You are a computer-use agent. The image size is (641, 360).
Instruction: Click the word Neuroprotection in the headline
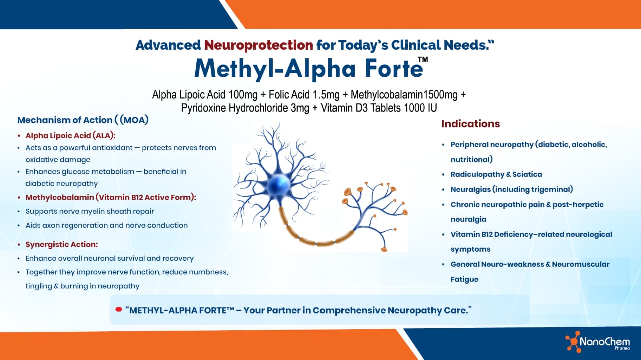pyautogui.click(x=258, y=45)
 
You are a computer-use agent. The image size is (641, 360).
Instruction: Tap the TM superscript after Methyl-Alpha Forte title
pyautogui.click(x=423, y=60)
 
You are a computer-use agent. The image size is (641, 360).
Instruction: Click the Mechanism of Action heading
pyautogui.click(x=83, y=120)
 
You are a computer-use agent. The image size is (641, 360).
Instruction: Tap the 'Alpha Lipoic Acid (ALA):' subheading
pyautogui.click(x=70, y=136)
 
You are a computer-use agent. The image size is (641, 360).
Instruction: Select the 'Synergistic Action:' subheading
pyautogui.click(x=61, y=245)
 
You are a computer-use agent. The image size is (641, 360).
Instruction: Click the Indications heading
pyautogui.click(x=470, y=124)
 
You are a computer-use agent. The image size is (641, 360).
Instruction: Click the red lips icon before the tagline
pyautogui.click(x=119, y=310)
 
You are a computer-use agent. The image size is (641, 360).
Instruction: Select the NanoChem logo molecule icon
pyautogui.click(x=572, y=342)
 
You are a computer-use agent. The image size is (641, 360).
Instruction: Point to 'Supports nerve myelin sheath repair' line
pyautogui.click(x=90, y=211)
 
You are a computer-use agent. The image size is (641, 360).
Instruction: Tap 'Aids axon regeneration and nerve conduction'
pyautogui.click(x=106, y=225)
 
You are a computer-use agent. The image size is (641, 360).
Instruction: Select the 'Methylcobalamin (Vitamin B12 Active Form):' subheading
pyautogui.click(x=111, y=198)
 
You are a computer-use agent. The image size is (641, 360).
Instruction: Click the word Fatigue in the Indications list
pyautogui.click(x=464, y=279)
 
